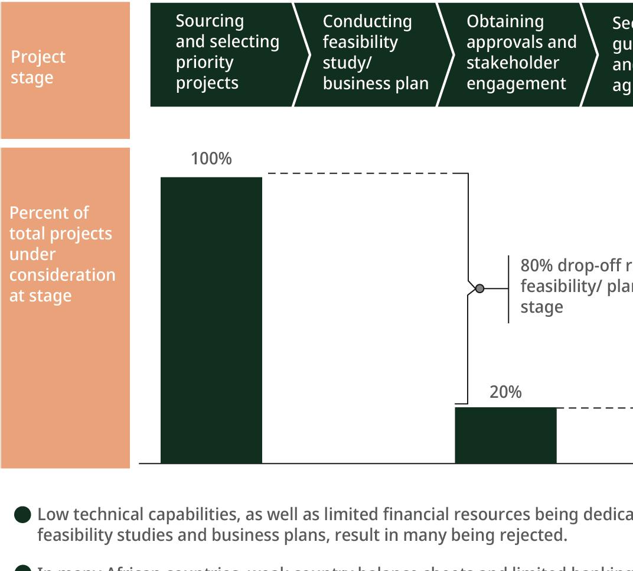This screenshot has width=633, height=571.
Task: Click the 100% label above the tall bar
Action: click(x=211, y=159)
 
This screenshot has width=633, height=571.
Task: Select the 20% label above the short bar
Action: click(x=505, y=392)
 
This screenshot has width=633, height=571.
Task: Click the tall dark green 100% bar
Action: click(x=211, y=319)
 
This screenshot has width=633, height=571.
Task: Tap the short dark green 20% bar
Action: click(x=505, y=435)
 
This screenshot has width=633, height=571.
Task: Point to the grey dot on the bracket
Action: click(x=479, y=288)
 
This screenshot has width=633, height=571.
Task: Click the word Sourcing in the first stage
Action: click(x=210, y=21)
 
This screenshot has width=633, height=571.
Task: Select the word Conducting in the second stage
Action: click(x=367, y=21)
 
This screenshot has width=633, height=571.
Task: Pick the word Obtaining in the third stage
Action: click(x=505, y=21)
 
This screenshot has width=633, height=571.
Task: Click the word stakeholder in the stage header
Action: click(x=513, y=63)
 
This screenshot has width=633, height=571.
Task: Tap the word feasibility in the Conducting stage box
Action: click(x=360, y=42)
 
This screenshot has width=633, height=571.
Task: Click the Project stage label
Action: click(x=38, y=67)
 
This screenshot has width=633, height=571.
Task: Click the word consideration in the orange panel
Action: click(x=62, y=275)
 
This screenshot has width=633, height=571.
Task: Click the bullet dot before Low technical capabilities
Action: click(x=22, y=514)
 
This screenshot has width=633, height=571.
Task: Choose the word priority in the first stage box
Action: click(x=204, y=63)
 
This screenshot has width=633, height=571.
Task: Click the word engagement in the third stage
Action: click(x=516, y=83)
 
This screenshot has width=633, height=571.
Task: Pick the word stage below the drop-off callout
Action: click(x=541, y=307)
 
